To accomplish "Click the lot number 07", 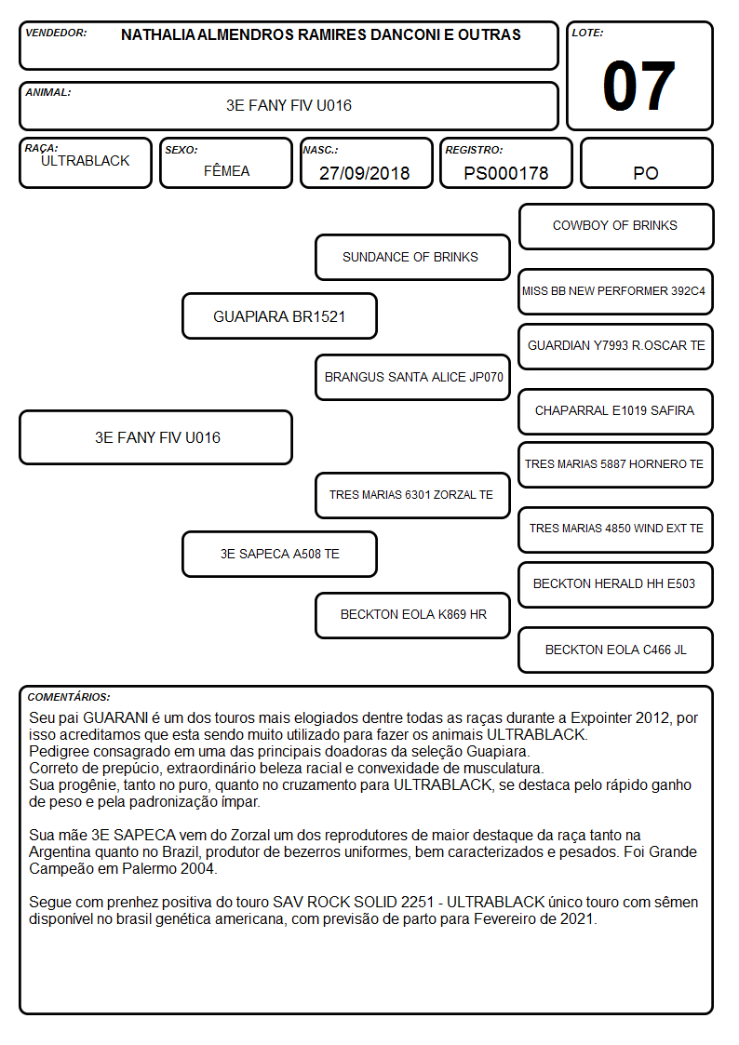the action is point(638,86).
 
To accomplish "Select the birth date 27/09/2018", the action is point(365,173).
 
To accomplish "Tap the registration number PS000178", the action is point(505,173).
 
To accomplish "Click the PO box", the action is point(646,163).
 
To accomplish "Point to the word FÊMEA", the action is point(226,170).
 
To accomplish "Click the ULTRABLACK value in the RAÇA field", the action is point(86,161).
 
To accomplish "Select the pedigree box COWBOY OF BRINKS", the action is point(616,227).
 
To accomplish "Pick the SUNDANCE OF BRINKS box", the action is point(412,257).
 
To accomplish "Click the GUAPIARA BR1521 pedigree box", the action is point(279,315).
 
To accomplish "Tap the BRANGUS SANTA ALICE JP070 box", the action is point(412,377).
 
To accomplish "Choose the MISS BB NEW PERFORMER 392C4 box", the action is point(616,291).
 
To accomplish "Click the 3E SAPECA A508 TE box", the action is point(279,554).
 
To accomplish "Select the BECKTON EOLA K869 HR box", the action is point(412,615).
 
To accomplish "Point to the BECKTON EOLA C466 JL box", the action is point(616,650).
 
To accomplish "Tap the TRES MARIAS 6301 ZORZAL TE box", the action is point(412,495).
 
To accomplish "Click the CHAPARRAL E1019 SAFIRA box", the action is point(616,411).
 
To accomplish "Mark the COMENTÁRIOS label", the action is point(69,697).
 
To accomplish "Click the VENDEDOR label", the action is point(56,33).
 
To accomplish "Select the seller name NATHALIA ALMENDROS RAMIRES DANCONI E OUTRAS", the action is point(320,34).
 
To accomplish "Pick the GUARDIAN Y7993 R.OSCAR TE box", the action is point(616,346).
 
